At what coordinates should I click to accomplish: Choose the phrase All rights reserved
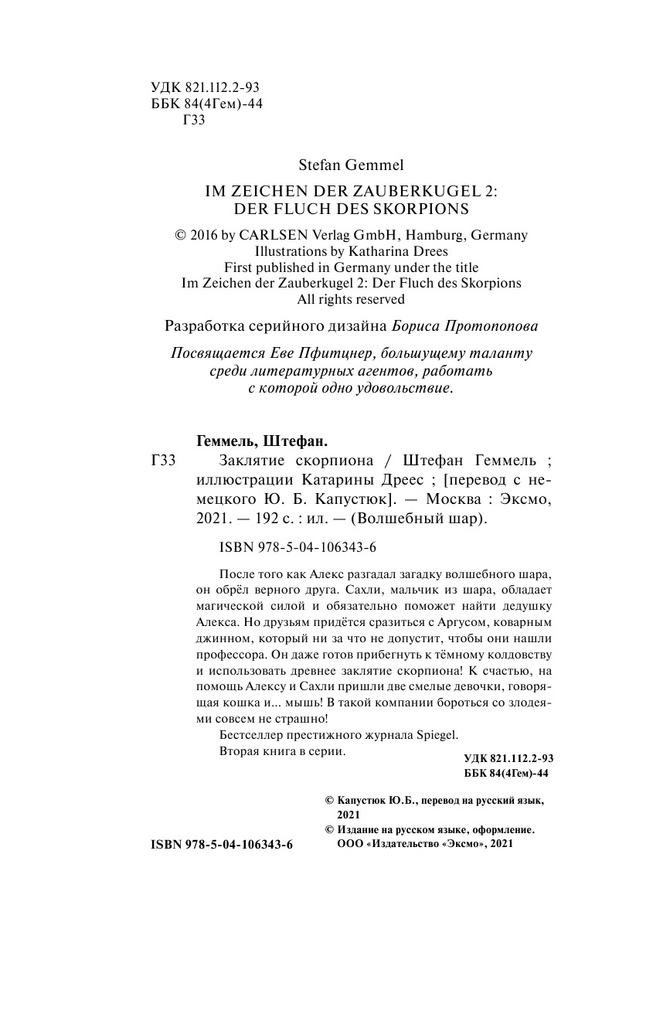pos(351,299)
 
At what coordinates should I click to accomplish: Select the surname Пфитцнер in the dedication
pos(321,353)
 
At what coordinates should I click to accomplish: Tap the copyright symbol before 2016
pos(182,236)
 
